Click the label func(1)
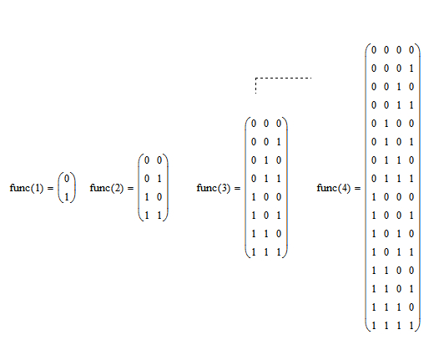(x=27, y=188)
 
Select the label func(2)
(x=107, y=188)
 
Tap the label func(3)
(x=214, y=188)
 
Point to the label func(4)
(x=334, y=188)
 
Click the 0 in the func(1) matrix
(x=67, y=179)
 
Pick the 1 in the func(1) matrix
(x=67, y=197)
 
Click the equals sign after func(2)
(x=130, y=188)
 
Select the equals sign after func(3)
(x=237, y=188)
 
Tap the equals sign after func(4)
(x=357, y=188)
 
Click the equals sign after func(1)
(x=50, y=188)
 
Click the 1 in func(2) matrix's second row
(x=159, y=179)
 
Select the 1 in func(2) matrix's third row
(x=147, y=197)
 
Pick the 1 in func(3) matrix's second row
(x=279, y=142)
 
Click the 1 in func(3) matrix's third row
(x=266, y=160)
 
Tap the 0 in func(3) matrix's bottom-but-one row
(x=279, y=234)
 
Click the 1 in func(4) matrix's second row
(x=411, y=68)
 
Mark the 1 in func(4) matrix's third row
(x=399, y=87)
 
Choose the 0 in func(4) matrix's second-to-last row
(x=411, y=307)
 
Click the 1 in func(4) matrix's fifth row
(x=386, y=124)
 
